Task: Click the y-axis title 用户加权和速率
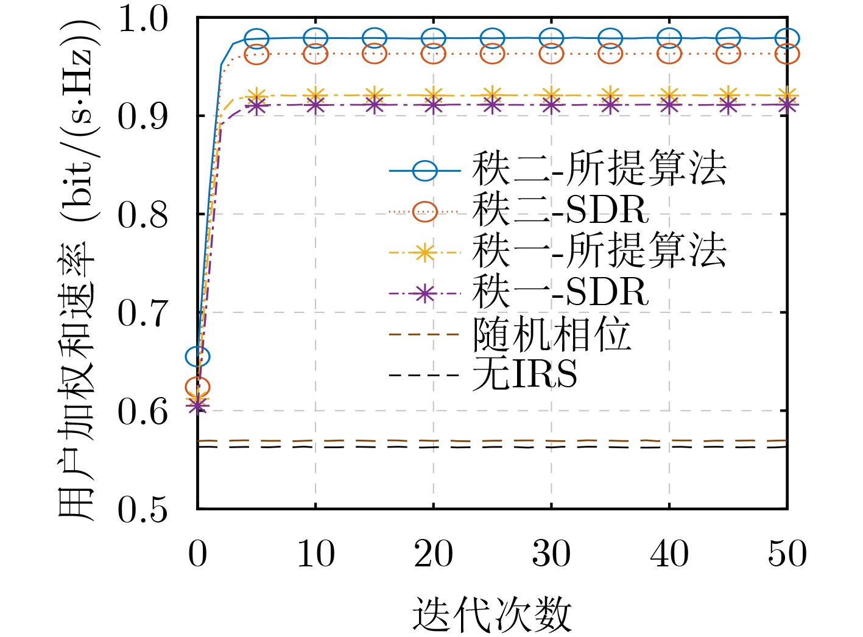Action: click(x=77, y=268)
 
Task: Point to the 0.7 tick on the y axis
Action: click(x=142, y=313)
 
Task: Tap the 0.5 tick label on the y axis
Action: click(x=142, y=509)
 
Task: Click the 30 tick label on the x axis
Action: click(x=551, y=554)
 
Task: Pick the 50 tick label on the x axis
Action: click(x=787, y=554)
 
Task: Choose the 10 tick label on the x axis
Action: click(x=315, y=554)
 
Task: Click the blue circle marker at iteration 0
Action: click(x=197, y=356)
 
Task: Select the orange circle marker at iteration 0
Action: click(x=197, y=387)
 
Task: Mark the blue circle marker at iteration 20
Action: click(x=433, y=38)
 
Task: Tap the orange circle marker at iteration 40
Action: click(x=669, y=54)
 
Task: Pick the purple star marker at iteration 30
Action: click(x=551, y=105)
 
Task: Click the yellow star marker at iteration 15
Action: click(x=375, y=96)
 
